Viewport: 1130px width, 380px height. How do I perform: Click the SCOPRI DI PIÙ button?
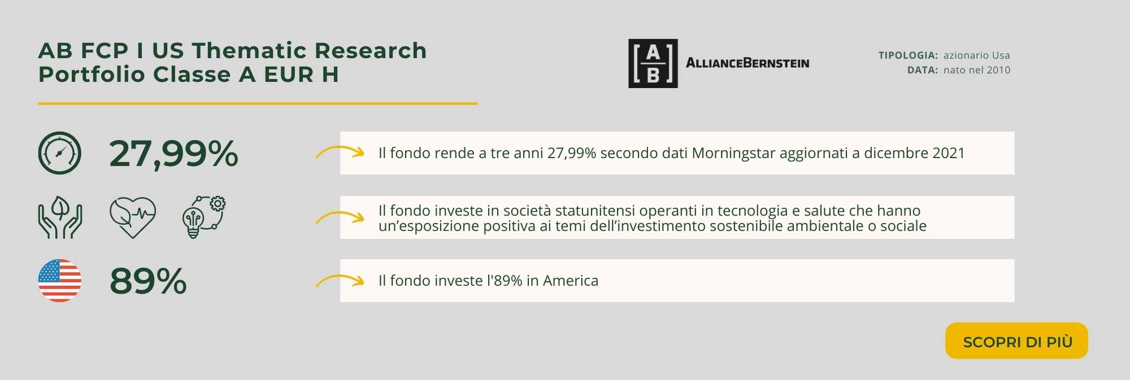coord(1016,340)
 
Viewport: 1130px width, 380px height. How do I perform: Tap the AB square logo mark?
coord(653,63)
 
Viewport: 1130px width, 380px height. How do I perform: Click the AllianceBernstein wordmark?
coord(747,63)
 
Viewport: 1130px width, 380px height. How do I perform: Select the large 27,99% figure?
coord(174,154)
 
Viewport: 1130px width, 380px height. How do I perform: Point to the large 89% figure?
coord(148,281)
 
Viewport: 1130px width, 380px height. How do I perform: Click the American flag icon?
coord(60,281)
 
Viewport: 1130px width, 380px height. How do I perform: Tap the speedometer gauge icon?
coord(60,153)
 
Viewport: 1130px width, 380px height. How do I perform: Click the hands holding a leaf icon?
coord(60,217)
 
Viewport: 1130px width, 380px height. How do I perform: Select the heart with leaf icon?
coord(133,217)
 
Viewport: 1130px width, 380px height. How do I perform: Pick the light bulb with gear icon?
coord(204,217)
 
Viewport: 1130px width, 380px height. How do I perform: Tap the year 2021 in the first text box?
coord(949,153)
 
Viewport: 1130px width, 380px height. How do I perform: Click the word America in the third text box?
coord(571,281)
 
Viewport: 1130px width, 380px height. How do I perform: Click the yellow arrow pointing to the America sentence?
coord(340,279)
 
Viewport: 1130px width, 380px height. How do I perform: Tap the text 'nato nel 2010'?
coord(977,70)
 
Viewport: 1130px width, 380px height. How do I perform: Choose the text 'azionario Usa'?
coord(977,55)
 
